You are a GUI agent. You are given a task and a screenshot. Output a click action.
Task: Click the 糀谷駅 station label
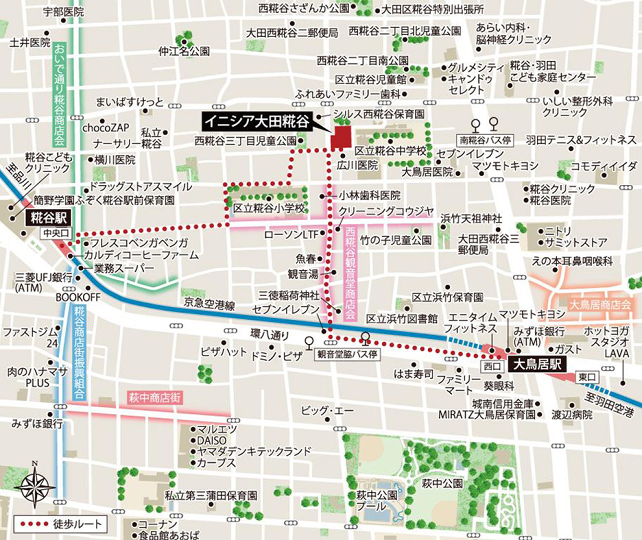click(x=48, y=218)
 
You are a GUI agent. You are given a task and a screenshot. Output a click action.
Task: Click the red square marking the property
click(x=341, y=137)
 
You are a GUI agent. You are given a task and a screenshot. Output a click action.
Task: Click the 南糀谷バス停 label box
click(x=485, y=140)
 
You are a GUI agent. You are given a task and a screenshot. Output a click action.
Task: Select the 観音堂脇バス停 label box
click(x=347, y=354)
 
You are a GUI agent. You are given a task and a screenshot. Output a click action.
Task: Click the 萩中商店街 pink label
click(x=154, y=398)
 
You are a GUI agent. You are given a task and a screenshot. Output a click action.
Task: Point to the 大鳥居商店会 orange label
click(x=600, y=305)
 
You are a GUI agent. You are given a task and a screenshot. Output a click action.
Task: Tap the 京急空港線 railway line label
click(x=209, y=304)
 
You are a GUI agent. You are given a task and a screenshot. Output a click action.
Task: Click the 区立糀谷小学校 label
click(x=269, y=208)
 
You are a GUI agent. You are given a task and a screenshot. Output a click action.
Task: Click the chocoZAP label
click(x=106, y=128)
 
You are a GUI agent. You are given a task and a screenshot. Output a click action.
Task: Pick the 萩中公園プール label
click(x=376, y=500)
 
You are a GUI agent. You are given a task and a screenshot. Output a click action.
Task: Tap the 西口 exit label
click(x=492, y=366)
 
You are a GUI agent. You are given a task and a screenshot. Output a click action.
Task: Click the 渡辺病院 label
click(x=572, y=414)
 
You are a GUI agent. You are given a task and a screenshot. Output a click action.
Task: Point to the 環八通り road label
click(x=269, y=335)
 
